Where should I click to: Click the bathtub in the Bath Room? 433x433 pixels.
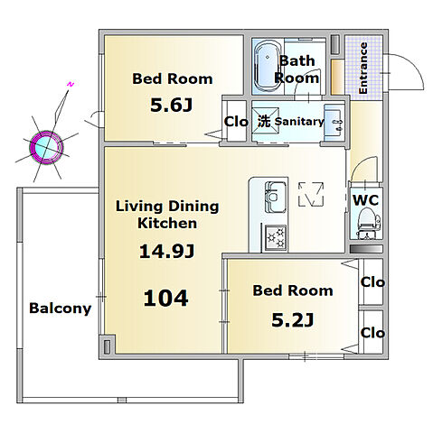pos(268,66)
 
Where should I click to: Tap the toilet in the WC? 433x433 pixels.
pos(366,224)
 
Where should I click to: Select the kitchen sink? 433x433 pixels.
pos(276,198)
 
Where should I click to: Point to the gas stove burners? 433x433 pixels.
pos(276,236)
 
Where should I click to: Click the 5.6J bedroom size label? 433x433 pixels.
pos(171,106)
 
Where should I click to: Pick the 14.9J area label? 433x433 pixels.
pos(166,252)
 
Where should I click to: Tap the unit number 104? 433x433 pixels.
pos(166,298)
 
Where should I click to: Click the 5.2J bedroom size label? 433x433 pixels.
pos(293,320)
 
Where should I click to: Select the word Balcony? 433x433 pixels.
pos(61,309)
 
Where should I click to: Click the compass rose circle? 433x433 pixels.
pos(46,147)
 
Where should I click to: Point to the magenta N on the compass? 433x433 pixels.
pos(71,85)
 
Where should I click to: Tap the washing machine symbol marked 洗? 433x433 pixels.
pos(264,121)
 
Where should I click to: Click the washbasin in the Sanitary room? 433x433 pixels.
pos(334,122)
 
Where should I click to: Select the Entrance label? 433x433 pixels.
pos(362,68)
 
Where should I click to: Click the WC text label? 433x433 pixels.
pos(365,200)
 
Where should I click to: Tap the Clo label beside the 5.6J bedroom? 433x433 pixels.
pos(236,122)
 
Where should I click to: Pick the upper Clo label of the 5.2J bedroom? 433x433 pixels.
pos(372,282)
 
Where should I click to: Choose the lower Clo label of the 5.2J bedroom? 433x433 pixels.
pos(372,333)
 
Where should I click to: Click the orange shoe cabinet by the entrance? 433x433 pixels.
pos(337,78)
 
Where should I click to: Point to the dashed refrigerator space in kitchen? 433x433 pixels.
pos(311,194)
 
